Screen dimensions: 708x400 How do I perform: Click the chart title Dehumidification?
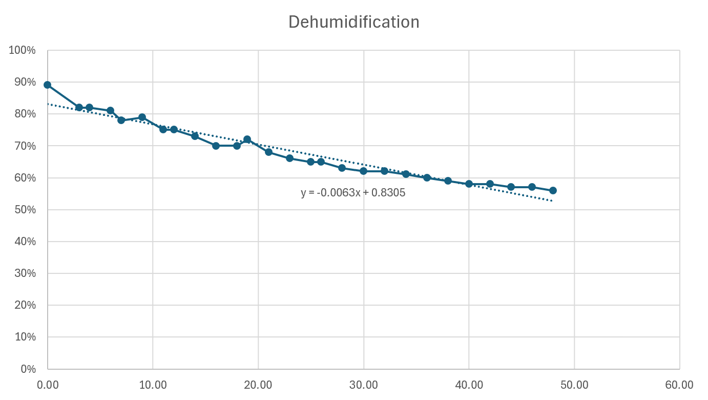(353, 22)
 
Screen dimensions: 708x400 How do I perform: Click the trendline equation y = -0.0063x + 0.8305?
(353, 192)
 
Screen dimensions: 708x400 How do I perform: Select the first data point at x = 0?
(48, 85)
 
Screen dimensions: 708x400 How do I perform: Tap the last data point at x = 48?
(553, 190)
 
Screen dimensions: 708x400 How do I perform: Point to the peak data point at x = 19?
(247, 139)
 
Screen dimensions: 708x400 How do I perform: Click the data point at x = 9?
(142, 117)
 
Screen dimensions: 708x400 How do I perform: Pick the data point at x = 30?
(364, 171)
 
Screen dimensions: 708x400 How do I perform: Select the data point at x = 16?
(216, 146)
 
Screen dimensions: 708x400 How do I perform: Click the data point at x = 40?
(469, 184)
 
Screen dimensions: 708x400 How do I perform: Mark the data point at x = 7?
(121, 120)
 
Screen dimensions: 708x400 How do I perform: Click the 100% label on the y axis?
(22, 50)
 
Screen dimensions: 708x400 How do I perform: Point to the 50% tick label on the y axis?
(25, 210)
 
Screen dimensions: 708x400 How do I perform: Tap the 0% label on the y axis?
(28, 369)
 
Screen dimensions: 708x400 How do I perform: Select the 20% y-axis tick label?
(25, 305)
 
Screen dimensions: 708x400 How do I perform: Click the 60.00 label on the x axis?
(679, 385)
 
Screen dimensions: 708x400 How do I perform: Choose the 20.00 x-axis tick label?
(258, 385)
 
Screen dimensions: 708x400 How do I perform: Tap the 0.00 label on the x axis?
(48, 385)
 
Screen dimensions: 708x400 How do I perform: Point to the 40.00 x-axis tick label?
(469, 385)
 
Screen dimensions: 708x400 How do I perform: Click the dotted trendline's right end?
(552, 201)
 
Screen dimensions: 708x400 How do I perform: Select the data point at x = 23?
(289, 158)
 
